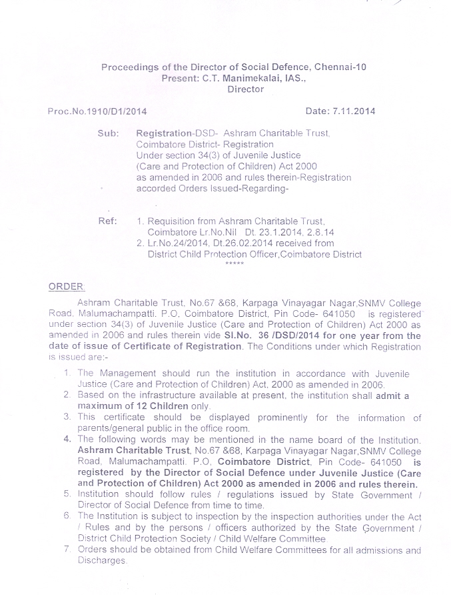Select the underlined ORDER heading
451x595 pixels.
[x=66, y=286]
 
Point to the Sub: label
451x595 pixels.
[x=108, y=133]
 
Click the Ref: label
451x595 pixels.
[x=108, y=221]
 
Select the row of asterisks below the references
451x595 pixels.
[x=234, y=264]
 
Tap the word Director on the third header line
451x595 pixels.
[x=246, y=89]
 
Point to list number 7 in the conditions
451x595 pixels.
[x=67, y=550]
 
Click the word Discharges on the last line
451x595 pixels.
[x=101, y=561]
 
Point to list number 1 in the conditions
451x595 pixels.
[x=67, y=374]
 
